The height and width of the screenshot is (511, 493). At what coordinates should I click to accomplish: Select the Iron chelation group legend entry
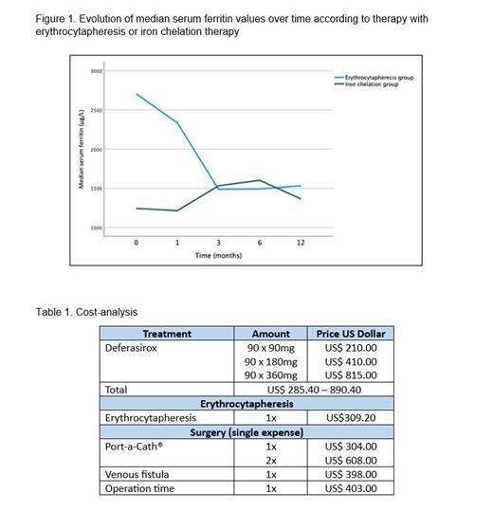[x=375, y=83]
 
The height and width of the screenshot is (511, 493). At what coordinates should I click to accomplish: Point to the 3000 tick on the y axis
[x=96, y=71]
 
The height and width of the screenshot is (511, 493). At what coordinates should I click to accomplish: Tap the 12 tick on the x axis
[x=301, y=244]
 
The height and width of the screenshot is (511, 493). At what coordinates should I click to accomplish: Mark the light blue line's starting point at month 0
[x=137, y=94]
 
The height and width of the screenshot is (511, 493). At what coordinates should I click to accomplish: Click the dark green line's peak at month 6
[x=259, y=180]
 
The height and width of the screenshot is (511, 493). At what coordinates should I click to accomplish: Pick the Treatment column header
[x=167, y=334]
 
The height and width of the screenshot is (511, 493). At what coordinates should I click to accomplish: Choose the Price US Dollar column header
[x=350, y=334]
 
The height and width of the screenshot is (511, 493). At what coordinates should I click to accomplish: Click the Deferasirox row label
[x=136, y=347]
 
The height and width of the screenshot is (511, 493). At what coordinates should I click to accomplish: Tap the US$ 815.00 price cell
[x=351, y=374]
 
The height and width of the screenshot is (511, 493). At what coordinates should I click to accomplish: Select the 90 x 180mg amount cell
[x=271, y=361]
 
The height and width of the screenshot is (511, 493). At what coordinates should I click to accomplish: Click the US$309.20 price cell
[x=351, y=417]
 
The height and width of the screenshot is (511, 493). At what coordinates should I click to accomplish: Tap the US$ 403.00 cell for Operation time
[x=351, y=488]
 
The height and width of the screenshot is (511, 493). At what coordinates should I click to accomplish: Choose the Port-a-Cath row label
[x=134, y=446]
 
